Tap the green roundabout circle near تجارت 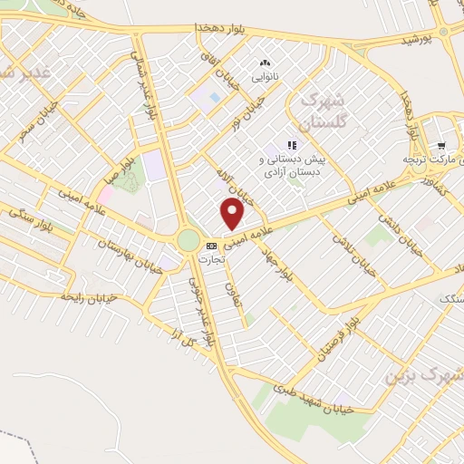click(x=188, y=240)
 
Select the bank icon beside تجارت click(x=212, y=246)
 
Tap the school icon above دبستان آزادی click(x=292, y=145)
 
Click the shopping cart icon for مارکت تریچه click(x=441, y=146)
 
